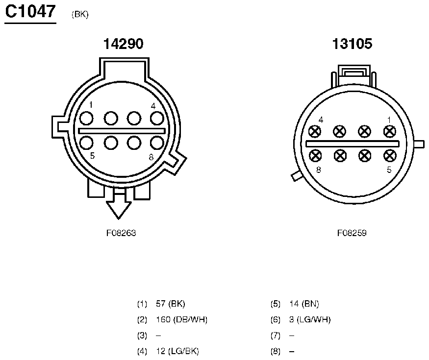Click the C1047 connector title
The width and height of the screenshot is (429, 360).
click(30, 12)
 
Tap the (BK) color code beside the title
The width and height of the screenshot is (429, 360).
click(80, 14)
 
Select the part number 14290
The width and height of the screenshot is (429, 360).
click(123, 44)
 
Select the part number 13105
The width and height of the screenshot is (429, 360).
click(352, 44)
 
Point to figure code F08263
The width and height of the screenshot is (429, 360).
click(121, 233)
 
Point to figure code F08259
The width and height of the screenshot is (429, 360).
click(352, 233)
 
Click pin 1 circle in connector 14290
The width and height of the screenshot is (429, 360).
click(86, 119)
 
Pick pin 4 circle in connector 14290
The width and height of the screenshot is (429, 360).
click(157, 119)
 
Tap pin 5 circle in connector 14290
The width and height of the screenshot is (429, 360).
click(86, 143)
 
